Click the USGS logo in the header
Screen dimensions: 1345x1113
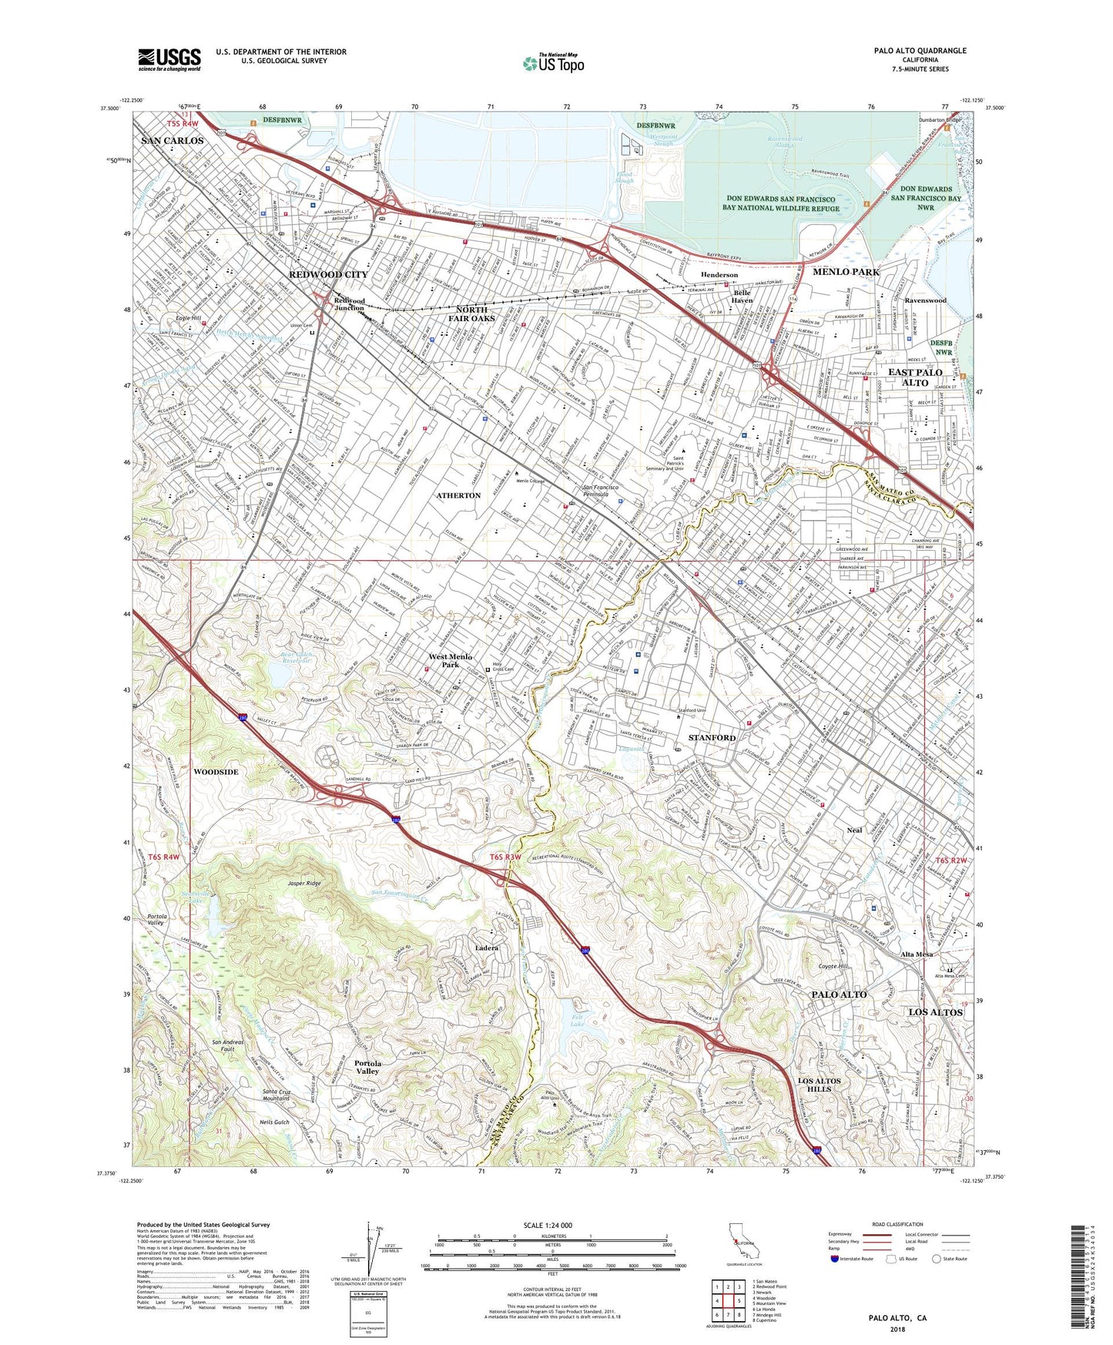point(169,59)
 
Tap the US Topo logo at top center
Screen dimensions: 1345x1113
point(553,63)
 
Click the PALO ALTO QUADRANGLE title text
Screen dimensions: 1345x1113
point(920,51)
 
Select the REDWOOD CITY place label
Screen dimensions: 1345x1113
point(328,274)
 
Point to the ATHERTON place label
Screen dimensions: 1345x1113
point(459,495)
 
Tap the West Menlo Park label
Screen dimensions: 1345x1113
point(450,660)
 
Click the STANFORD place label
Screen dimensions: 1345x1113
point(712,737)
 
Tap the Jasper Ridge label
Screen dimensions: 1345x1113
point(304,883)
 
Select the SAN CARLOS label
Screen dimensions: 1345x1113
point(173,141)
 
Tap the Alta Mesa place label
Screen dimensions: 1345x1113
point(917,954)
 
